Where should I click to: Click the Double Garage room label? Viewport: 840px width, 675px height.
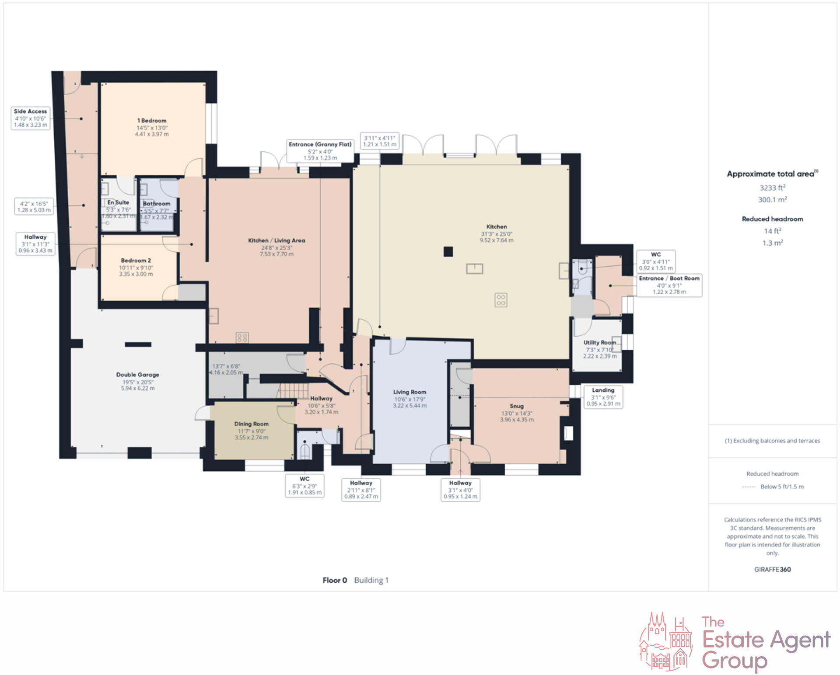(137, 375)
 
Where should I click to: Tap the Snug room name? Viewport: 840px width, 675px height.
(516, 406)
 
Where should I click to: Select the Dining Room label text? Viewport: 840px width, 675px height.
(251, 424)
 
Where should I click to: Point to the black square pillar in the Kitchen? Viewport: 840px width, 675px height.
(448, 252)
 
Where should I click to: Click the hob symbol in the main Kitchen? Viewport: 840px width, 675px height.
(501, 300)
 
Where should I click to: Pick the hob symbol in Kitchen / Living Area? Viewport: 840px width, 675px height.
(242, 337)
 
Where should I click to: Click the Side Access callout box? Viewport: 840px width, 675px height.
(30, 118)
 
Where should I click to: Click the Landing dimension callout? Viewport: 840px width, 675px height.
(603, 397)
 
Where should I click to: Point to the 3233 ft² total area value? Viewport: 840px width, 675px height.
(772, 188)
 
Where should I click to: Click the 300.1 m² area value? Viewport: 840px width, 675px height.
(772, 200)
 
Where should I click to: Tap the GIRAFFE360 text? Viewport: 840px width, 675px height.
(772, 569)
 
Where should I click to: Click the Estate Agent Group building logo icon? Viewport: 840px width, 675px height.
(665, 641)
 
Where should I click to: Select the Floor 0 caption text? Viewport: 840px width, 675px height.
(335, 580)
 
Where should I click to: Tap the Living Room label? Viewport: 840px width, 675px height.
(409, 392)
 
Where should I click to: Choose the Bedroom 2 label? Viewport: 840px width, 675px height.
(136, 261)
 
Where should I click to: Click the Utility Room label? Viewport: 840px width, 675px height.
(599, 343)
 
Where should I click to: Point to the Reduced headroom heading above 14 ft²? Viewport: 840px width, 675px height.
(772, 219)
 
